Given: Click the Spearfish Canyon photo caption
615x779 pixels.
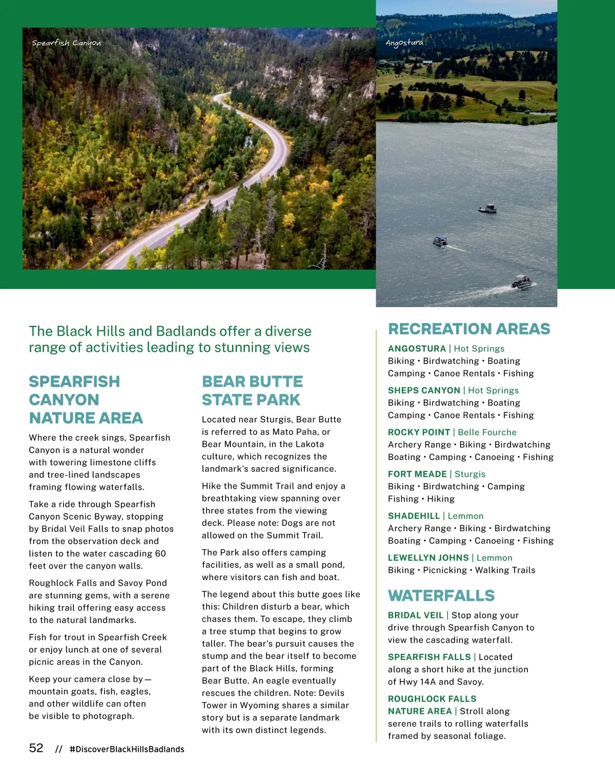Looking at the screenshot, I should tap(66, 43).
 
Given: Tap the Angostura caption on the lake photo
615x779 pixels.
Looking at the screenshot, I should tap(404, 43).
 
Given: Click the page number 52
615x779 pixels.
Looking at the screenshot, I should tap(36, 748).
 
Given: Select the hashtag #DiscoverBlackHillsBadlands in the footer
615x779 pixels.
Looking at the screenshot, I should tap(127, 749).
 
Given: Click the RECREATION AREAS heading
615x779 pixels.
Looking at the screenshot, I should tap(469, 329).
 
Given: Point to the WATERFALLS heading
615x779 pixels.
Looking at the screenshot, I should tap(441, 595).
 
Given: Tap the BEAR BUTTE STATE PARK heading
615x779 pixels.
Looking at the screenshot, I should tap(252, 390).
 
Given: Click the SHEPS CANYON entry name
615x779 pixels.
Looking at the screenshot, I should tap(424, 390).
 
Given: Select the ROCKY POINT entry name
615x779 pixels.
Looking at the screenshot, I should tap(419, 432).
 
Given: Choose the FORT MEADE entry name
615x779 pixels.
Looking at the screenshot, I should tap(417, 474).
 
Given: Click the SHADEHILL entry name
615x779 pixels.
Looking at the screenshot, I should tap(414, 516).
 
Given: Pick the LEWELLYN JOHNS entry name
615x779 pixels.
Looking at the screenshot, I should tap(428, 557).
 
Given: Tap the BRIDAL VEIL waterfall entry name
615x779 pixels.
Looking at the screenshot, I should tap(416, 615).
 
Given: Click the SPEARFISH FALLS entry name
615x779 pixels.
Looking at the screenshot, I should tap(429, 657).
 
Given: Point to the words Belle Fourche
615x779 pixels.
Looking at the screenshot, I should tap(487, 432).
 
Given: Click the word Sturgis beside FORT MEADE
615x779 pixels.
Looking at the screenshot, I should tap(470, 474).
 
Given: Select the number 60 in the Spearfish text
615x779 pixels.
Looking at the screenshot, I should tap(160, 553).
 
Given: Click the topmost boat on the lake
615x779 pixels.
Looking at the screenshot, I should tap(488, 208).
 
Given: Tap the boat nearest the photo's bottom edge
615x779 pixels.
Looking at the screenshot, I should tap(522, 282).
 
